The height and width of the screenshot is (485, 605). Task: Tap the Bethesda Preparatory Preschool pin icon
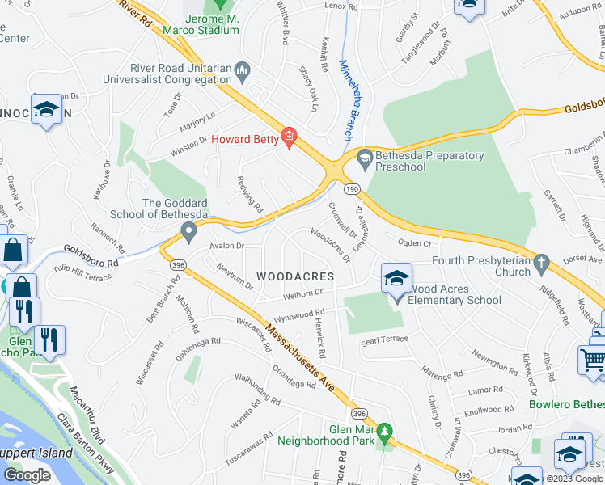(x=364, y=156)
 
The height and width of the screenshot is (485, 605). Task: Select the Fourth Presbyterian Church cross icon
(x=542, y=262)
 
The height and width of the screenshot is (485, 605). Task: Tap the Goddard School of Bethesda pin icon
(x=189, y=234)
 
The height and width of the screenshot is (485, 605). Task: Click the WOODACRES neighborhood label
(x=294, y=276)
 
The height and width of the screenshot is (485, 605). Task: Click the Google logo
(x=27, y=474)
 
